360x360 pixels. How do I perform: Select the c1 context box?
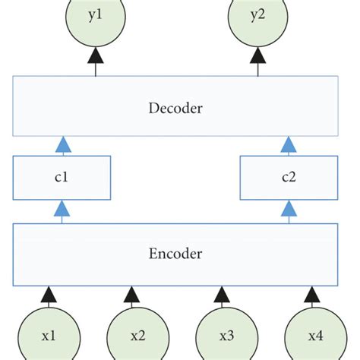coord(62,178)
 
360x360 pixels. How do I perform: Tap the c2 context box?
coord(288,178)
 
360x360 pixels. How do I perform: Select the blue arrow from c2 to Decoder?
coord(288,145)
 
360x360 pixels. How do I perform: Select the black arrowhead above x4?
coord(312,292)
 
